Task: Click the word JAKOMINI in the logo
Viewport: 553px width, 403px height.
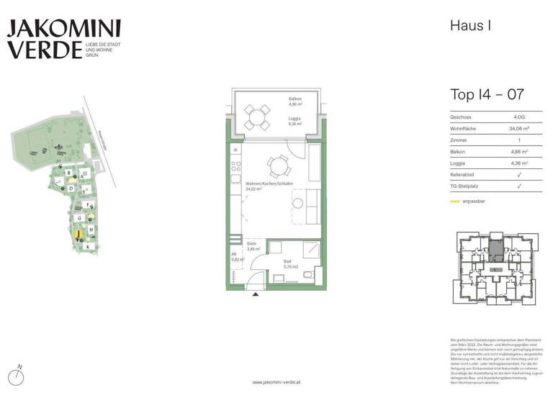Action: tap(64, 29)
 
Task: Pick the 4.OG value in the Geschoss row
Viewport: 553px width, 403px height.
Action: tap(518, 117)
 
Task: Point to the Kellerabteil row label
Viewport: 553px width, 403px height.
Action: tap(467, 175)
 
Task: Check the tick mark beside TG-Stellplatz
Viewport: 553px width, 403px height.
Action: tap(519, 186)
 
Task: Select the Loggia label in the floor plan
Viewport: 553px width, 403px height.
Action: tap(295, 120)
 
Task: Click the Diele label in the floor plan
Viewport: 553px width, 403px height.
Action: tap(251, 245)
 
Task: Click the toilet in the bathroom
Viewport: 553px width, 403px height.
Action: tap(307, 276)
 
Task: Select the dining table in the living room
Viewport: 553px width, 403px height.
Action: tap(275, 167)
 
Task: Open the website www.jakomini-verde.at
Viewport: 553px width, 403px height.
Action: tap(276, 382)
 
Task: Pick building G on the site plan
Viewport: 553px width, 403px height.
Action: tap(79, 218)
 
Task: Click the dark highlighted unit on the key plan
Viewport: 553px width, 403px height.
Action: tap(496, 250)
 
